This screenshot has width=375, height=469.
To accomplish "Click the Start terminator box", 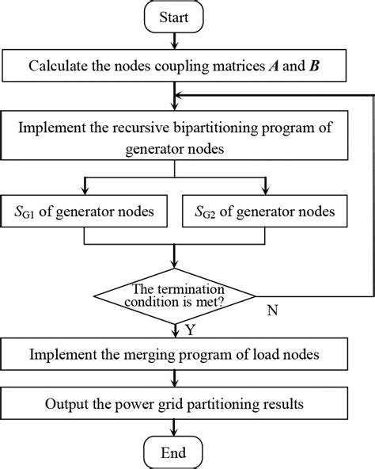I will click(173, 16).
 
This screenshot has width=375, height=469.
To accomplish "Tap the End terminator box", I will click(173, 453).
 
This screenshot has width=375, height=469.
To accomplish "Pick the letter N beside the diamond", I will click(273, 311).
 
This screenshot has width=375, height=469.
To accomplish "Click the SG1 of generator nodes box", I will click(85, 212).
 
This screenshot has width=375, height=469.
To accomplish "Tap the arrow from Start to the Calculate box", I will click(173, 41).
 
